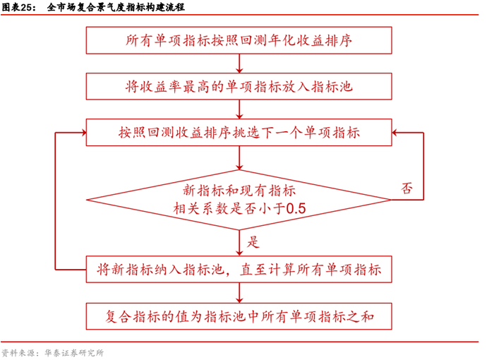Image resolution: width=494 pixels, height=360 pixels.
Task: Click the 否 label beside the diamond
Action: (407, 188)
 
